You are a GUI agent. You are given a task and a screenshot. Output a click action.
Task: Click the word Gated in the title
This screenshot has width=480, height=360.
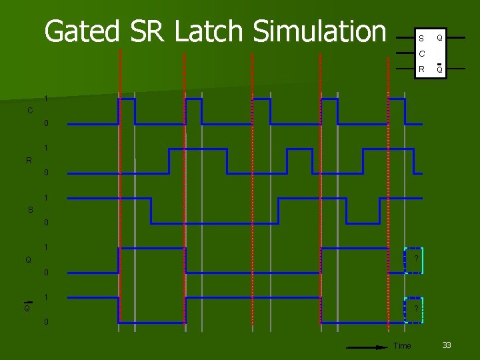82,31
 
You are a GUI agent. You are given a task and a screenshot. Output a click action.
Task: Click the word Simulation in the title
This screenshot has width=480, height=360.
319,31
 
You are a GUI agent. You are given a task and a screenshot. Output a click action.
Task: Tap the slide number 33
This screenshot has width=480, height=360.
447,345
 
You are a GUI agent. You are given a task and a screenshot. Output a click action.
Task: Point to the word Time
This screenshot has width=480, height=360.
403,345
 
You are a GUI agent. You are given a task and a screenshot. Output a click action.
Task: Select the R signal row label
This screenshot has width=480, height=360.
29,160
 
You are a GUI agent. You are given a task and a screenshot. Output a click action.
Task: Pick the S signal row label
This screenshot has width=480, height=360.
31,210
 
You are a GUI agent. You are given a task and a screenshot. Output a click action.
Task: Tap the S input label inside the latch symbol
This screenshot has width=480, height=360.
421,39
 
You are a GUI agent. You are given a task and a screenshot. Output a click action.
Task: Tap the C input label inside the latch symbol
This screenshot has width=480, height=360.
421,53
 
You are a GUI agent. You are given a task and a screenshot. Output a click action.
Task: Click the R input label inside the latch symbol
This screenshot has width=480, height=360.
421,69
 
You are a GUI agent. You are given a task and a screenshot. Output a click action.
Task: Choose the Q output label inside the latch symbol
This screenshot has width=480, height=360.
439,38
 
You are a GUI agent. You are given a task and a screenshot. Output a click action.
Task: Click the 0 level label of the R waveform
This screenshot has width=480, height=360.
46,173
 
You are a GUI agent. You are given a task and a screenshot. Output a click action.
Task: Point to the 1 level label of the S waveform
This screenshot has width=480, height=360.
46,198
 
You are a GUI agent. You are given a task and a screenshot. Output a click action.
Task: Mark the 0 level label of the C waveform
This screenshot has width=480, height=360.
46,123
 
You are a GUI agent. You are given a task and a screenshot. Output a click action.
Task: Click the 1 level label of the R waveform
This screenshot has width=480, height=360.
46,148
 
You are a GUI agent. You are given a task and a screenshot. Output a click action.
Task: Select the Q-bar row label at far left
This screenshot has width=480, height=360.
27,308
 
